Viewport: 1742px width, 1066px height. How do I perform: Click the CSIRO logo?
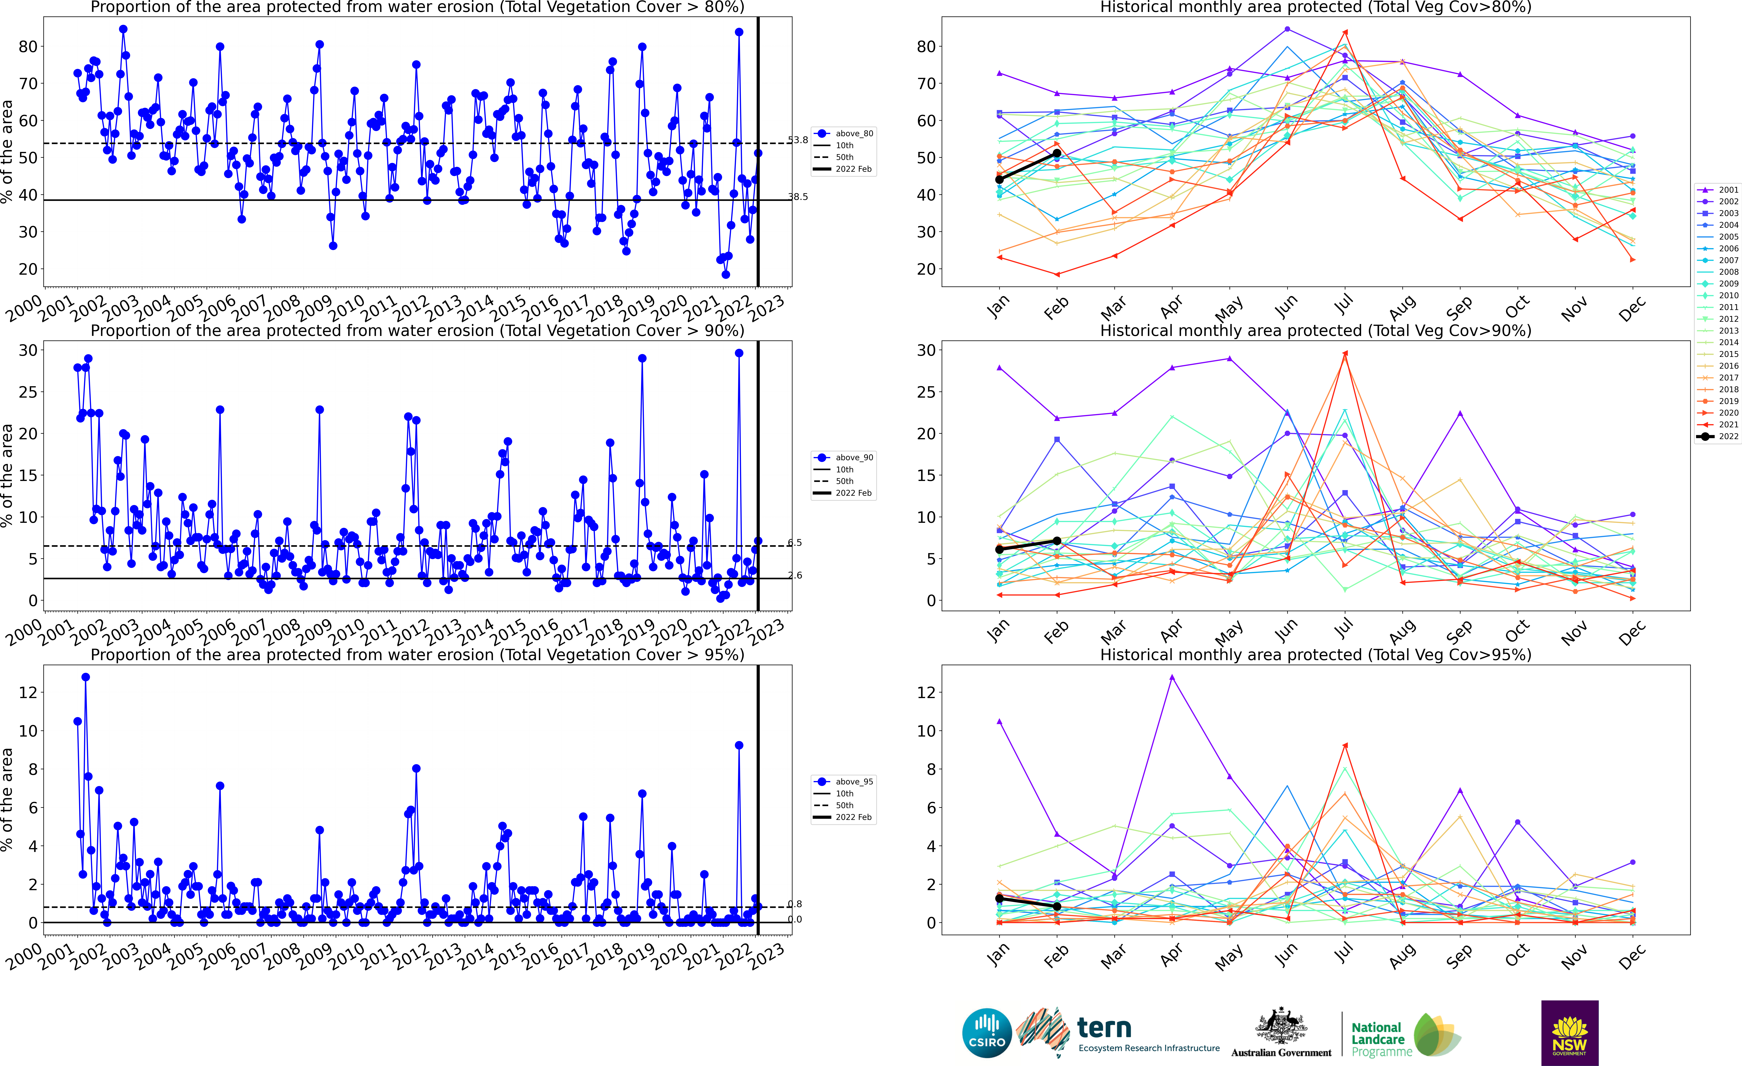[987, 1033]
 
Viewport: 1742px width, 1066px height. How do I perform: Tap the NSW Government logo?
[1569, 1033]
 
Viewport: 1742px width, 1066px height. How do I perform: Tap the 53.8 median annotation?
[798, 140]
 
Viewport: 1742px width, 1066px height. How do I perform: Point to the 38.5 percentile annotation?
[798, 197]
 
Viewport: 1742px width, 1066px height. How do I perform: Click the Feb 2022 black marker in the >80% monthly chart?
[1057, 153]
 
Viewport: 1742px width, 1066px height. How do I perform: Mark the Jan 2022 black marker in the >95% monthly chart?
[999, 898]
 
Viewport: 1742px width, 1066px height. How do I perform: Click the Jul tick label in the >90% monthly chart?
[1344, 627]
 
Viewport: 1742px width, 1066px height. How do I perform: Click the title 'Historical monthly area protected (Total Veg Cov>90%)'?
[1316, 331]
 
